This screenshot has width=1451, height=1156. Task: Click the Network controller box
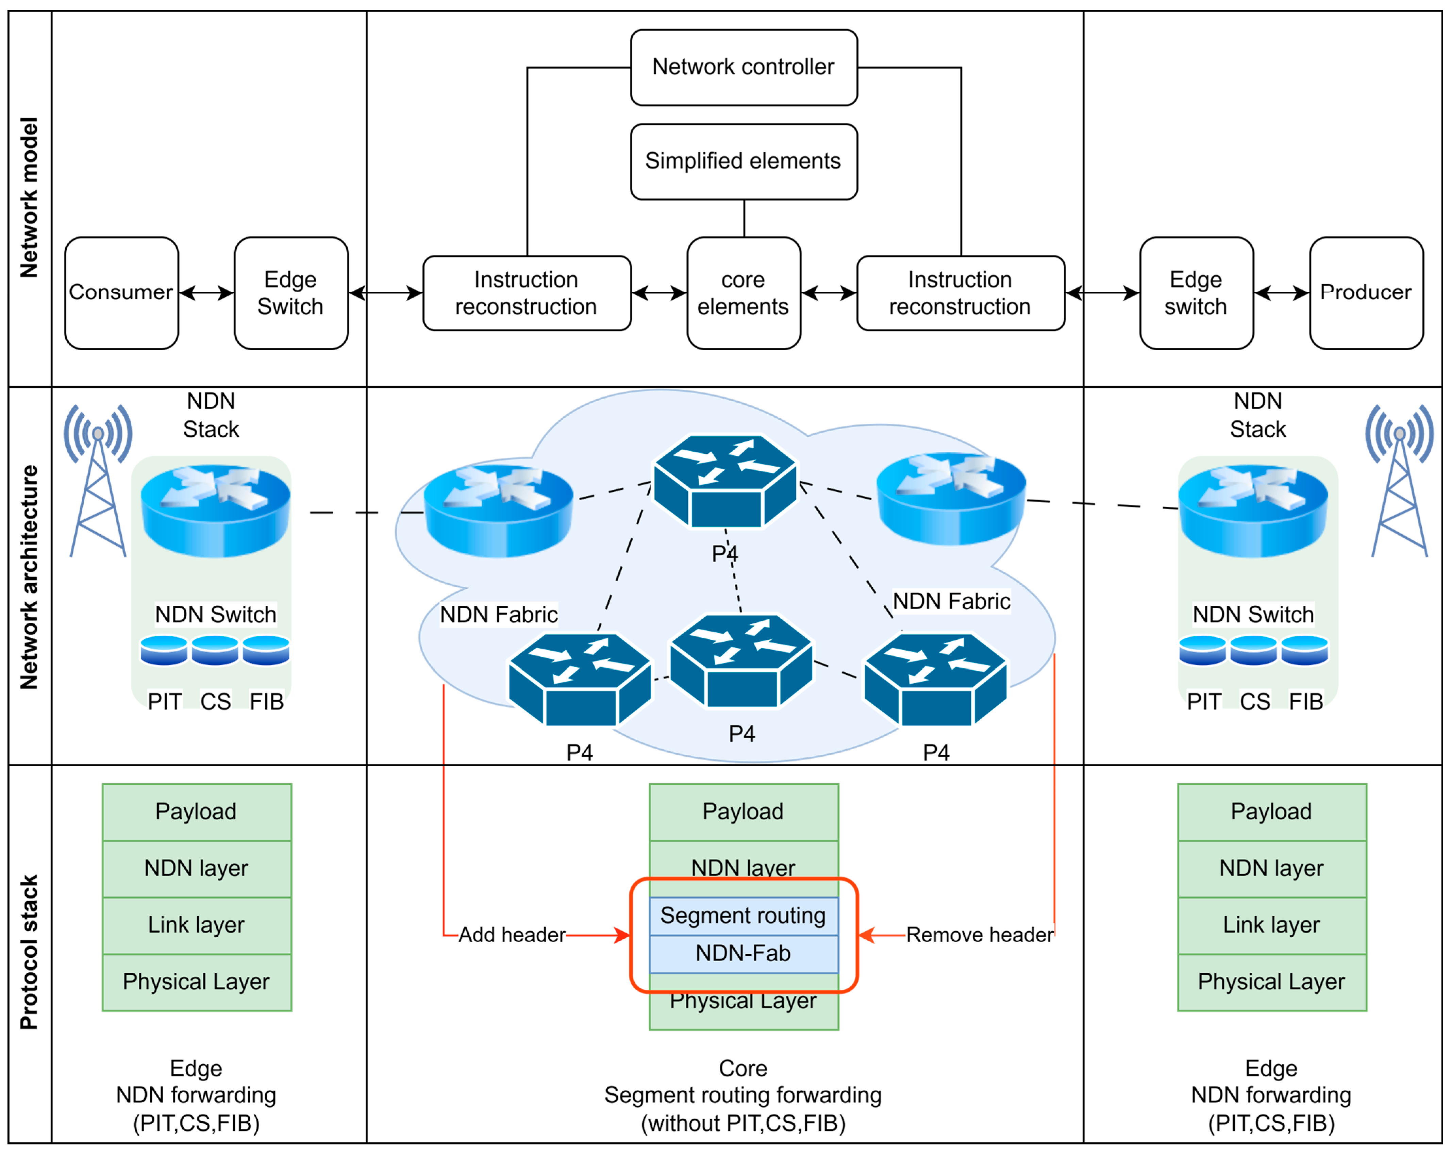(744, 67)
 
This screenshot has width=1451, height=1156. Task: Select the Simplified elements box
(744, 162)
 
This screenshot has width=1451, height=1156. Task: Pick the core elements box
(744, 293)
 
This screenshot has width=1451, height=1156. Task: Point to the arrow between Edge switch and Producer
(1281, 293)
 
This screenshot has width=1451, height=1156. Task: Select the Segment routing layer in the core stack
(744, 916)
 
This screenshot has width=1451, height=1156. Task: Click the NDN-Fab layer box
(744, 953)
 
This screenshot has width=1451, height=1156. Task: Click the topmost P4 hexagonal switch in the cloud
(725, 481)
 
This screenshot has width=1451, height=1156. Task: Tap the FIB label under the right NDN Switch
(1306, 702)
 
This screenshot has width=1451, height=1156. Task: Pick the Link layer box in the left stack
(197, 925)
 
